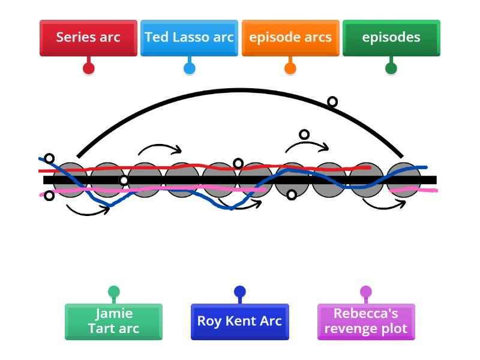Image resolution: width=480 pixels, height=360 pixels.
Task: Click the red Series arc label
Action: pyautogui.click(x=88, y=37)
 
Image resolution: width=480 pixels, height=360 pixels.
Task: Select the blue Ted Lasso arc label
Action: pyautogui.click(x=189, y=37)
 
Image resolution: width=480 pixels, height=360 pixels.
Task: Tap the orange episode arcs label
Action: pyautogui.click(x=290, y=37)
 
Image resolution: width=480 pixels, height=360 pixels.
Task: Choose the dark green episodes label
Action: pyautogui.click(x=391, y=37)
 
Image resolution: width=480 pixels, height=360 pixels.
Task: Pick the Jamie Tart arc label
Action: pyautogui.click(x=113, y=321)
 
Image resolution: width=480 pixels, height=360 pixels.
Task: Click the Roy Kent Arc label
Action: pyautogui.click(x=239, y=321)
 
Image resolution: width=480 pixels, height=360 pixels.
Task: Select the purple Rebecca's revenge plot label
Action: pyautogui.click(x=366, y=321)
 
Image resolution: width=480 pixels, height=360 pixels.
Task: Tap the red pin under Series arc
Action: pyautogui.click(x=88, y=68)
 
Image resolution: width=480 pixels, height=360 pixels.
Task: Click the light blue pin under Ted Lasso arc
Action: pyautogui.click(x=189, y=68)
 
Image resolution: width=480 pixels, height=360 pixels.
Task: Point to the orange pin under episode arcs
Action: pyautogui.click(x=290, y=68)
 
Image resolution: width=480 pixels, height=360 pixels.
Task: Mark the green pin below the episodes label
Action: pyautogui.click(x=391, y=68)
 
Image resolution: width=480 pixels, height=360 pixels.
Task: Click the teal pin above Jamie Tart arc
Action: pyautogui.click(x=113, y=292)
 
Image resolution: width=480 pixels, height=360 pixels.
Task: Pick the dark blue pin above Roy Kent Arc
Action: pyautogui.click(x=239, y=292)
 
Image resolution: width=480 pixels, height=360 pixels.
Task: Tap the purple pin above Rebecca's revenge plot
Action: pyautogui.click(x=366, y=292)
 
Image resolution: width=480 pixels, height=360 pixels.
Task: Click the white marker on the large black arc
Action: pyautogui.click(x=332, y=102)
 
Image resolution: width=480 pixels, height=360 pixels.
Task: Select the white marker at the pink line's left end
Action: pyautogui.click(x=49, y=196)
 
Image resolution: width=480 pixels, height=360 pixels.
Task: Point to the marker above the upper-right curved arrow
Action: pyautogui.click(x=304, y=134)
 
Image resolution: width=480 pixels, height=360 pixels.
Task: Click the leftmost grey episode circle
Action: pyautogui.click(x=70, y=179)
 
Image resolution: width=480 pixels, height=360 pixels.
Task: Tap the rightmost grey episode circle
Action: pyautogui.click(x=404, y=179)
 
